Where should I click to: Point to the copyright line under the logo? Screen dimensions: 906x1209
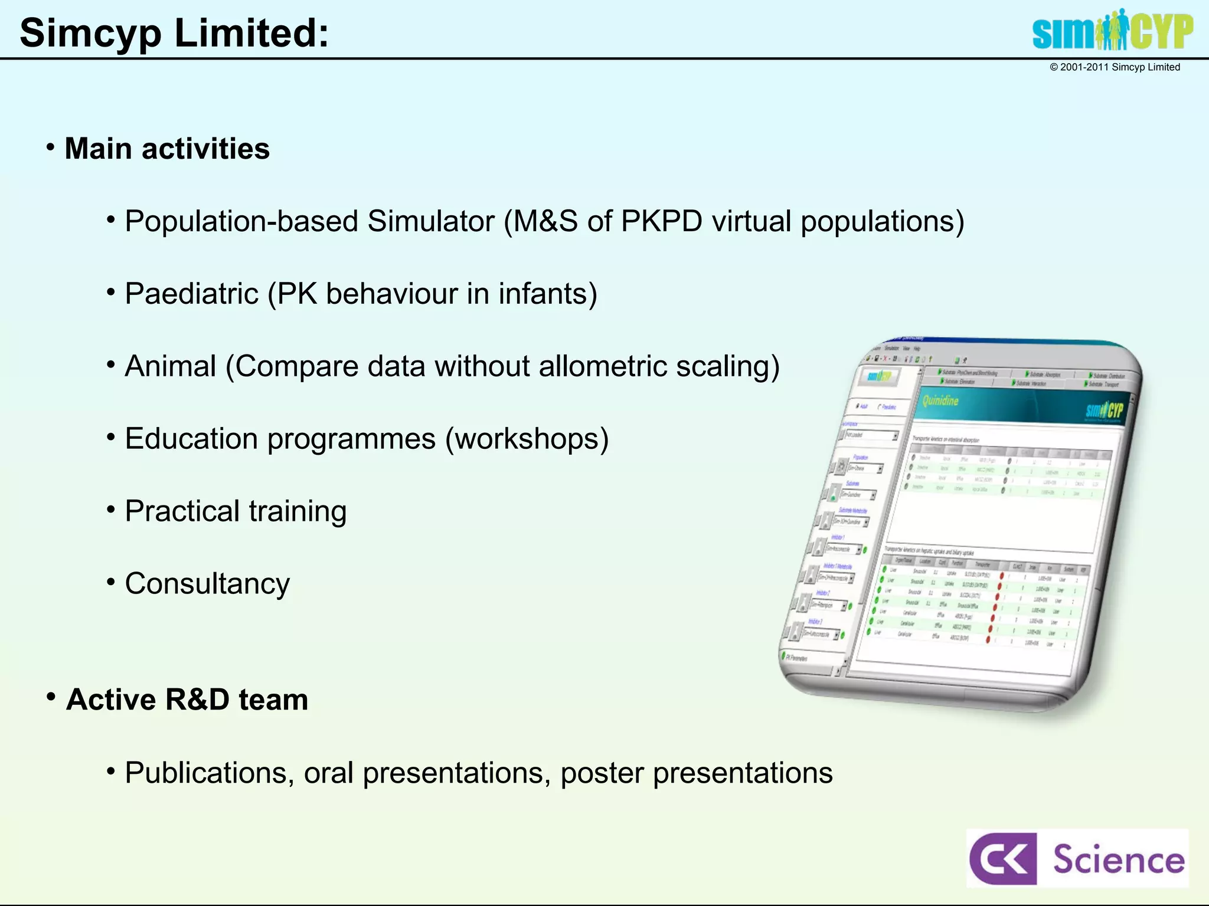pyautogui.click(x=1115, y=67)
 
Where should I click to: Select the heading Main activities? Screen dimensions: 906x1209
pyautogui.click(x=167, y=149)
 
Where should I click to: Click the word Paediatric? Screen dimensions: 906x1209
pyautogui.click(x=191, y=294)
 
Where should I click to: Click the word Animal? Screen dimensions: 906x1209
pyautogui.click(x=171, y=366)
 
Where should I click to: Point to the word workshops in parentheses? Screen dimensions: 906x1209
pyautogui.click(x=527, y=439)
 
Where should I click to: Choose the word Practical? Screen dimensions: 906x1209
pyautogui.click(x=182, y=511)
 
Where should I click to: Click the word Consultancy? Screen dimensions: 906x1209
pyautogui.click(x=207, y=584)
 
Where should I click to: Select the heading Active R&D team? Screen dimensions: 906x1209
pyautogui.click(x=187, y=700)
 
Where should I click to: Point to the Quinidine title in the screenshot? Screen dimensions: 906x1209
pyautogui.click(x=940, y=401)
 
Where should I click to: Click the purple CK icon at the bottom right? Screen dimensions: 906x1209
pyautogui.click(x=1002, y=859)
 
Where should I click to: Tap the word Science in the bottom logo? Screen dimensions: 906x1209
pyautogui.click(x=1119, y=859)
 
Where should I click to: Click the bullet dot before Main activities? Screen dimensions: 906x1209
pyautogui.click(x=51, y=146)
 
